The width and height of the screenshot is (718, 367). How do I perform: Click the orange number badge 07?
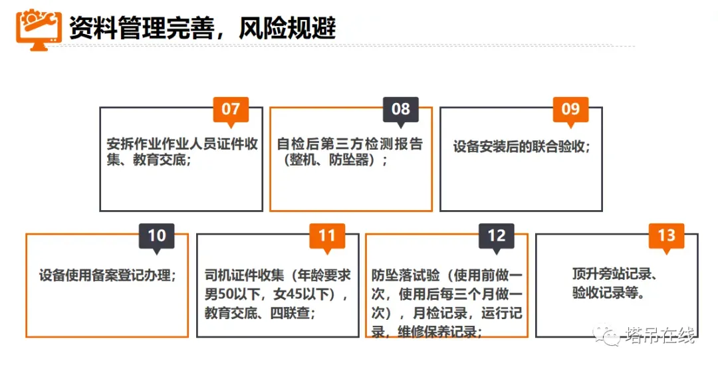[231, 109]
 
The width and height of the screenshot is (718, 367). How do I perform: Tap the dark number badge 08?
[401, 109]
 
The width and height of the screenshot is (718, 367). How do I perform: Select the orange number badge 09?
[570, 109]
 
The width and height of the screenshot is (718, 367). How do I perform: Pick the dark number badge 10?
[156, 235]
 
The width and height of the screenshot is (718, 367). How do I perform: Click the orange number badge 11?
[326, 235]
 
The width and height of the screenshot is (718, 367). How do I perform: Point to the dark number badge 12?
[497, 235]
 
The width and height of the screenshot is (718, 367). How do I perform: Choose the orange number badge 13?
[666, 235]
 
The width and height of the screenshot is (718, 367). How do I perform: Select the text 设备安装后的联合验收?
[521, 146]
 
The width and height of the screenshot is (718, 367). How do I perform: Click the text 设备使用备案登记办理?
[107, 275]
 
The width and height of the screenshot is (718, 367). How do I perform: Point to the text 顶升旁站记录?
[614, 274]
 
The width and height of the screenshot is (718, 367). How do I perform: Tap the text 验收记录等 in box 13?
[608, 293]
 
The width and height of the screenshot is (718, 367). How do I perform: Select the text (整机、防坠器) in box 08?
[332, 160]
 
